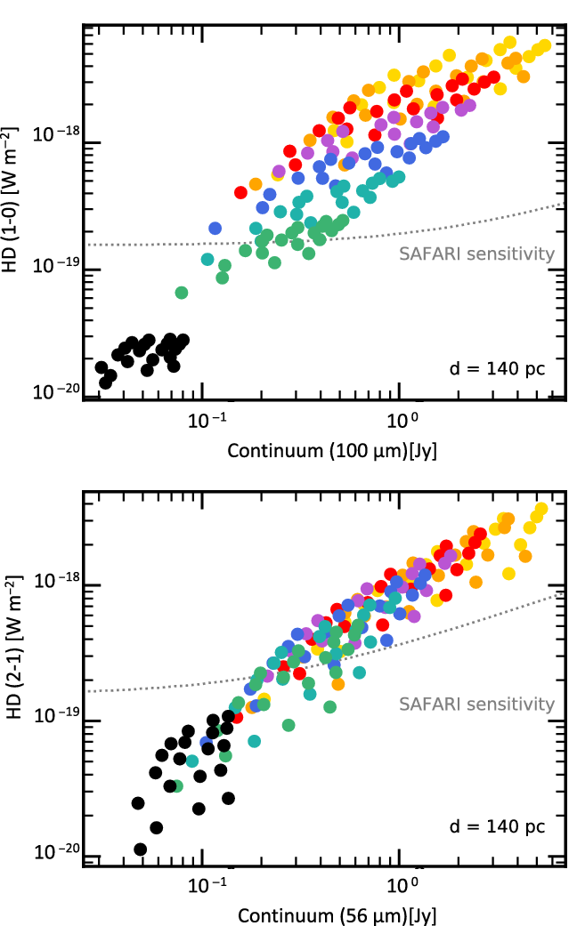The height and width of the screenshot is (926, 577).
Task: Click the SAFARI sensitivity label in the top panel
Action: click(x=476, y=254)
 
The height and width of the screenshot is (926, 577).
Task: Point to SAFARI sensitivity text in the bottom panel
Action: click(x=476, y=705)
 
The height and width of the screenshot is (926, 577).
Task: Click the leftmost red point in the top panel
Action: click(x=240, y=192)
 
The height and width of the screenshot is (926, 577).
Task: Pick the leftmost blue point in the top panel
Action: click(x=215, y=229)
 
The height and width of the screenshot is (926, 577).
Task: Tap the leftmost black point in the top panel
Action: click(x=102, y=367)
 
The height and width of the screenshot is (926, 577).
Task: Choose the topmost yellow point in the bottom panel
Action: click(x=540, y=509)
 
